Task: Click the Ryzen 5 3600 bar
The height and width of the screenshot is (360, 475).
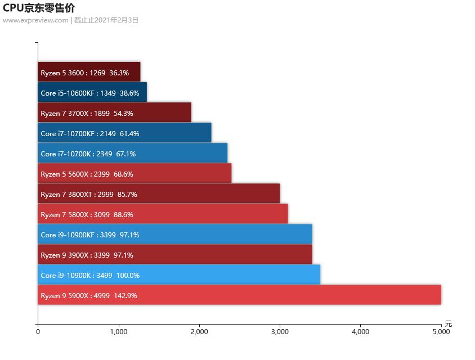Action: coord(89,72)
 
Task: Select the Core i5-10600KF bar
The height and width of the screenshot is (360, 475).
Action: coord(92,92)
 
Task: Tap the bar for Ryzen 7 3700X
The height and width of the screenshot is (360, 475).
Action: coord(114,112)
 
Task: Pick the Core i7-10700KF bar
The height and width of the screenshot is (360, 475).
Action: coord(124,133)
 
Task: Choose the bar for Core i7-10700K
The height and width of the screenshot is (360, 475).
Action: coord(132,153)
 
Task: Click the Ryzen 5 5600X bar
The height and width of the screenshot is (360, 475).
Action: coord(135,173)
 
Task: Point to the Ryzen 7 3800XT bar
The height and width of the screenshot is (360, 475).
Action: coord(159,193)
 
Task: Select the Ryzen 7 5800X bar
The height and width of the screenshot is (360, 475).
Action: coord(163,214)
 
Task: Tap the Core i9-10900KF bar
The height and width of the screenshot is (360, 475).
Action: coord(174,234)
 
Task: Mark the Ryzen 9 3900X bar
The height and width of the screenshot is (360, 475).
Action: coord(174,254)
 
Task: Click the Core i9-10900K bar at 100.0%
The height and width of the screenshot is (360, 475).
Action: coord(179,274)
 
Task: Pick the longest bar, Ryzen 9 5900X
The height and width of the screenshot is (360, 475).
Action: coord(239,295)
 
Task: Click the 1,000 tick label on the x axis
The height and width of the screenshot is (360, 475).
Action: coord(118,332)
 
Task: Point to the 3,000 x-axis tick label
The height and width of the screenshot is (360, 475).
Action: coord(280,332)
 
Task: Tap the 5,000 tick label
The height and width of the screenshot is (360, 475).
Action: coord(441,332)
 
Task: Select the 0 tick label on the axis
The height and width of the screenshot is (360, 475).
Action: coord(38,332)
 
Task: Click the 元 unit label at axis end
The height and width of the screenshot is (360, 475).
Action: coord(448,323)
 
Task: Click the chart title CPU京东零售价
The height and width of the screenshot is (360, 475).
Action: coord(39,8)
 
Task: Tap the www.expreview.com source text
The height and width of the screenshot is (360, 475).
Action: coord(35,20)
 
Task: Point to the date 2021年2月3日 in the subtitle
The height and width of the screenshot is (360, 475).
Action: coord(116,20)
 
